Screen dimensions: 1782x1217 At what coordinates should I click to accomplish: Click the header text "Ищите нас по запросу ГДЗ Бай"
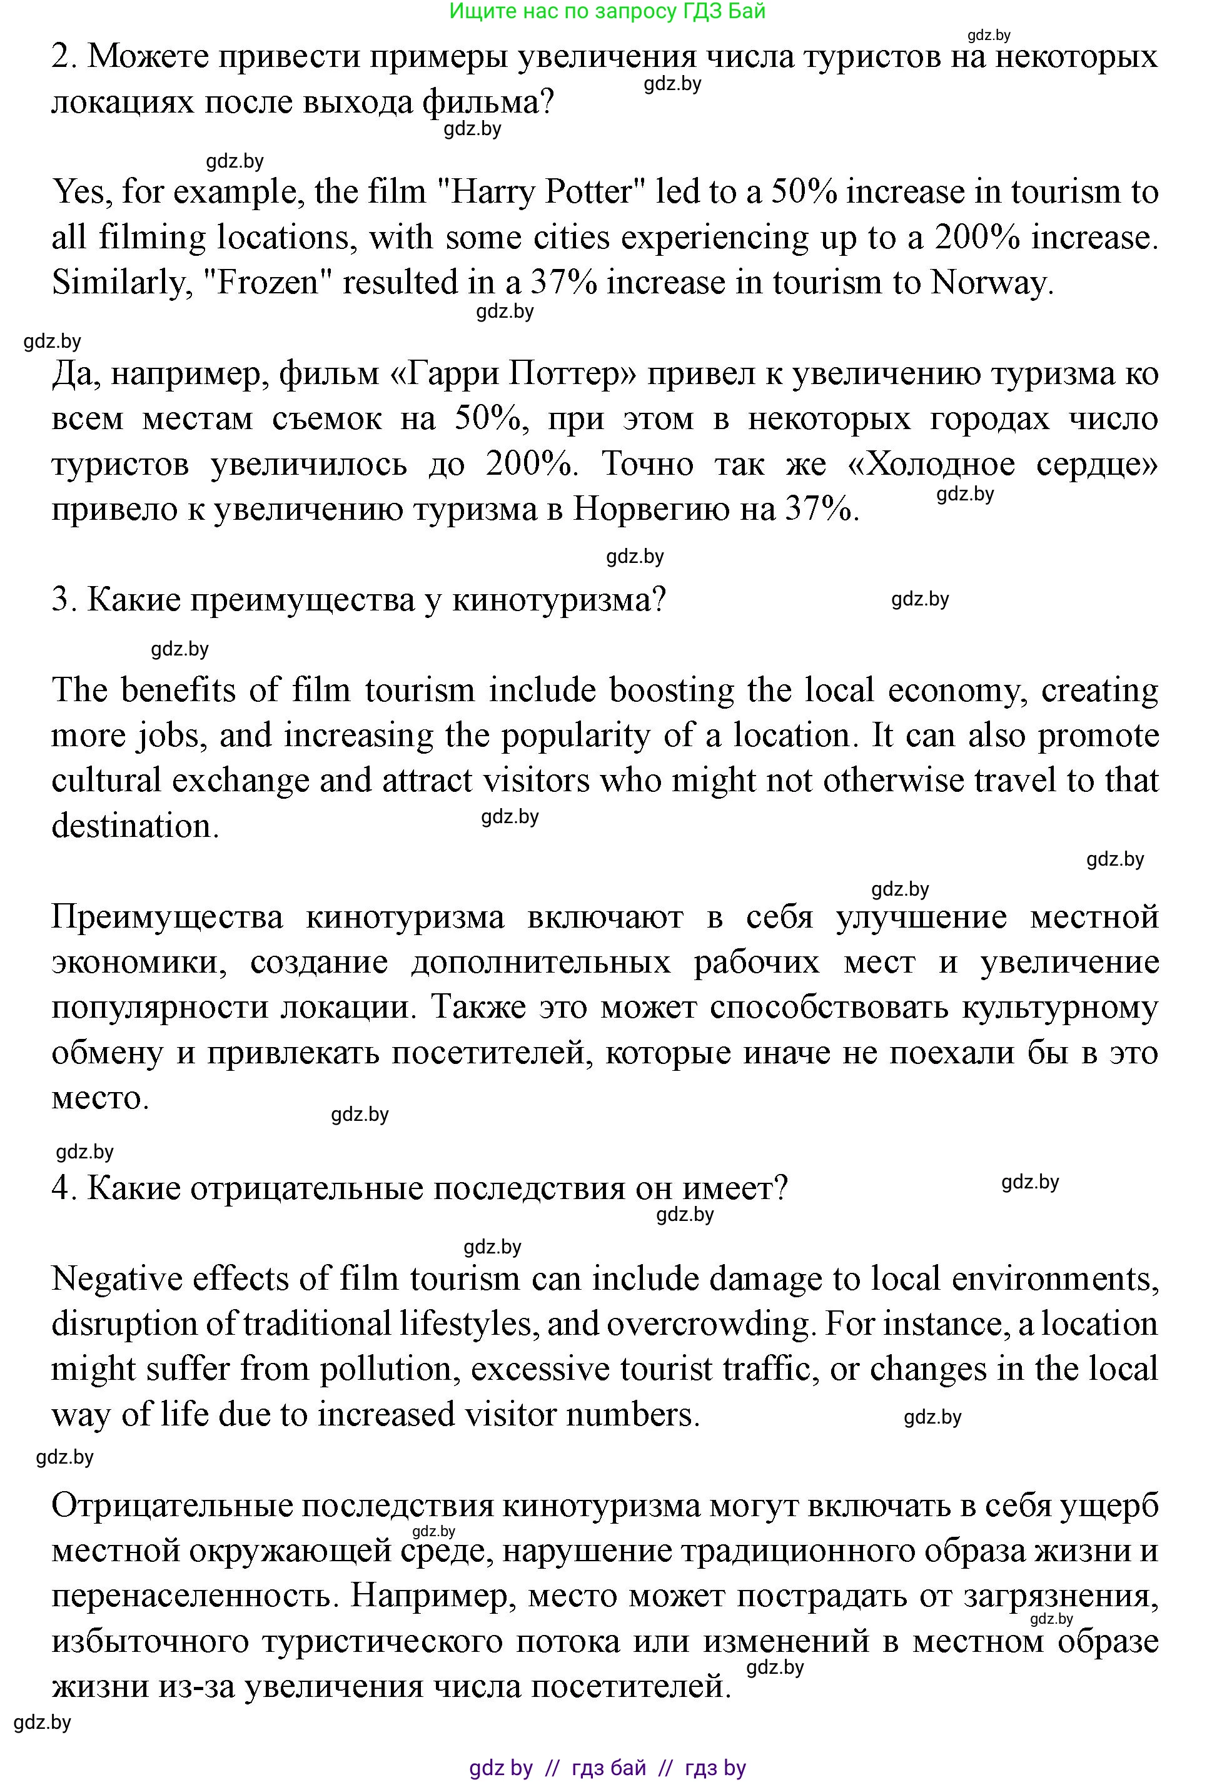pyautogui.click(x=607, y=11)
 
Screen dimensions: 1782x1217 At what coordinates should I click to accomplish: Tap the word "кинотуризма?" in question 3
pyautogui.click(x=558, y=600)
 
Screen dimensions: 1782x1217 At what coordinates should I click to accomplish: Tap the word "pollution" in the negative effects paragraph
pyautogui.click(x=386, y=1369)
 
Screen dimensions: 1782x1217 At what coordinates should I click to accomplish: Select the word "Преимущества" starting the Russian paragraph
pyautogui.click(x=166, y=918)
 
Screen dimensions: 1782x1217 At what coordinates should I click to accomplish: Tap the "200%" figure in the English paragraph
pyautogui.click(x=977, y=238)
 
